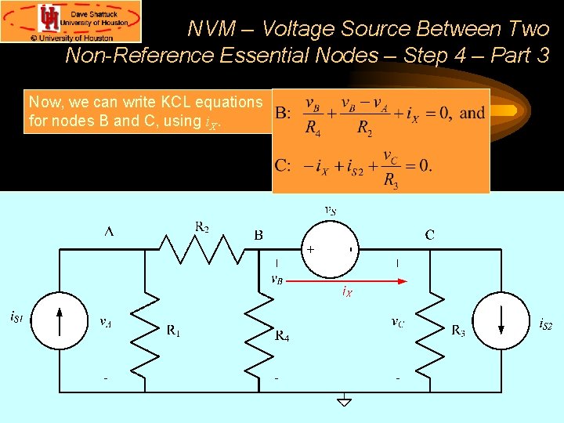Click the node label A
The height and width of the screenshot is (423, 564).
point(109,232)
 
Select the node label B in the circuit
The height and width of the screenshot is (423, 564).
point(258,233)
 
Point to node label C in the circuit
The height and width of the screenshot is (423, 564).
point(429,233)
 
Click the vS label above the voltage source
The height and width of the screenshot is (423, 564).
point(331,209)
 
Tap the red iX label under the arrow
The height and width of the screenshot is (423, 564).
point(347,292)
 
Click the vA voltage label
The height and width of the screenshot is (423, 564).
point(105,320)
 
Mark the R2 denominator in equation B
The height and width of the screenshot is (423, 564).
point(364,128)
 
